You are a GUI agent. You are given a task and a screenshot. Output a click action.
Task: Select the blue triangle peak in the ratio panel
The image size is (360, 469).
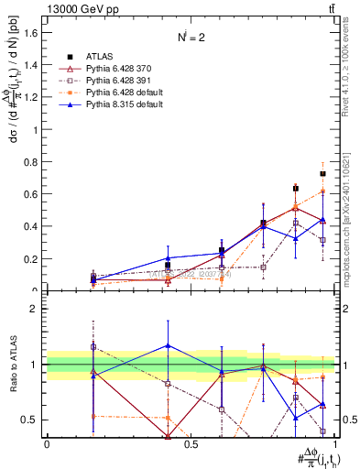point(168,345)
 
